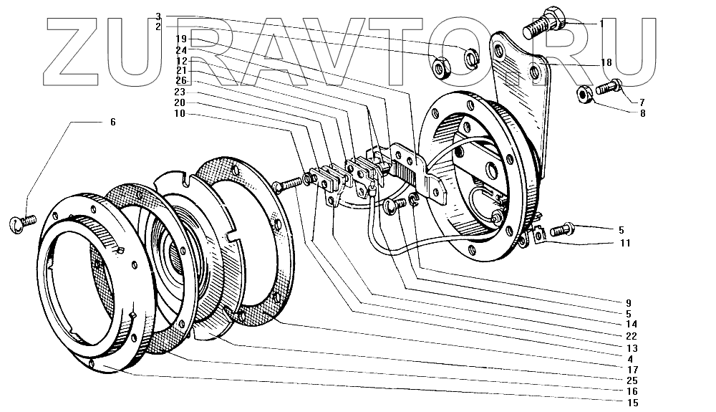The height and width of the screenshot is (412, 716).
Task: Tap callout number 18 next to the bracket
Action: click(x=606, y=63)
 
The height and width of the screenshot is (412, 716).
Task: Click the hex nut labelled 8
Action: click(x=584, y=94)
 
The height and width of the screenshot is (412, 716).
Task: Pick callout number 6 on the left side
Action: click(x=112, y=123)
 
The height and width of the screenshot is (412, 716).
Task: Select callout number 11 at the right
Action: click(x=624, y=243)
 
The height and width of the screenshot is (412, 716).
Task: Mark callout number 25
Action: click(x=631, y=380)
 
